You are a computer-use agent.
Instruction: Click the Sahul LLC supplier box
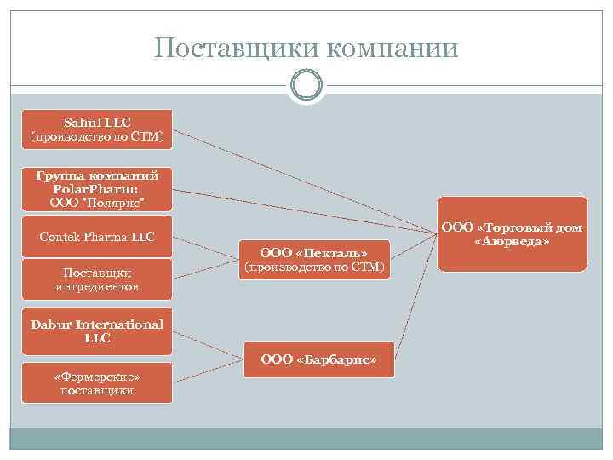point(97,129)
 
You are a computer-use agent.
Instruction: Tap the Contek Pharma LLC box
point(97,237)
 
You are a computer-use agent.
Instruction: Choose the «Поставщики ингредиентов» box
point(97,279)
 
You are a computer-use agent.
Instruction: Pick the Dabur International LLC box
point(97,331)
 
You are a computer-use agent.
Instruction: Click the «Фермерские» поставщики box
point(97,383)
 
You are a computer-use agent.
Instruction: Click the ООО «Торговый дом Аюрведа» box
point(513,234)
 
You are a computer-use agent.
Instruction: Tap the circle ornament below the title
point(306,86)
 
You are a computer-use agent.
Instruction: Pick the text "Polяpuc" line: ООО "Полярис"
point(97,202)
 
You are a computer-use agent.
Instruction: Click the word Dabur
point(52,325)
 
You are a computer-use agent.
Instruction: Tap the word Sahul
point(83,123)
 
